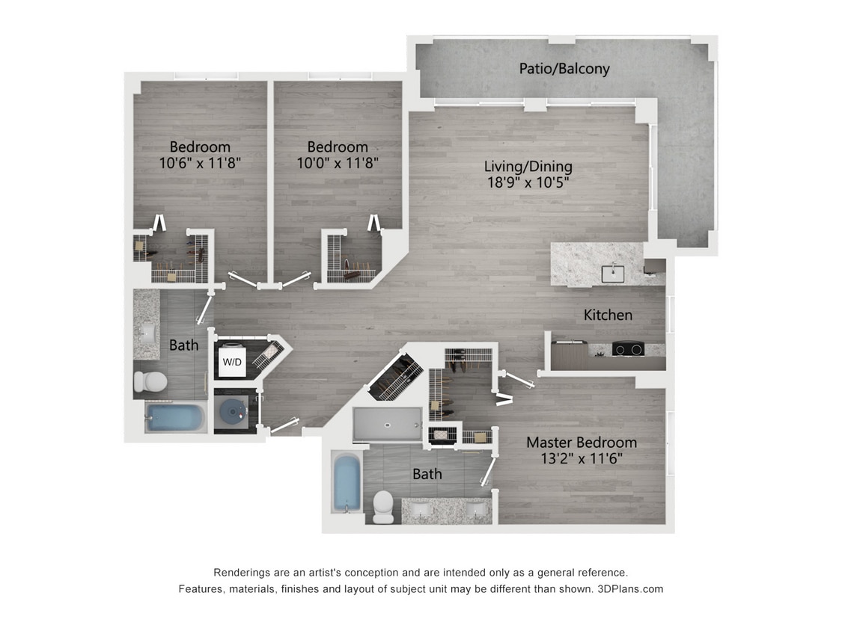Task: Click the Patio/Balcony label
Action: [x=564, y=69]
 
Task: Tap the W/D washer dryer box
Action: [x=232, y=362]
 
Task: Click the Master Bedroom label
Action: [x=581, y=442]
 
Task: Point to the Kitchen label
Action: [x=608, y=315]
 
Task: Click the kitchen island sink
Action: [x=613, y=273]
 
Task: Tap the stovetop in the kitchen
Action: [x=629, y=348]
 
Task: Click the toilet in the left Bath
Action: [x=150, y=382]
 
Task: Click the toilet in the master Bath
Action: [x=383, y=506]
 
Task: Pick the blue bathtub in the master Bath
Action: [x=346, y=484]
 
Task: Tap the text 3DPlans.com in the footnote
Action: [x=630, y=588]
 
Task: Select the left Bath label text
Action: [x=183, y=345]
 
